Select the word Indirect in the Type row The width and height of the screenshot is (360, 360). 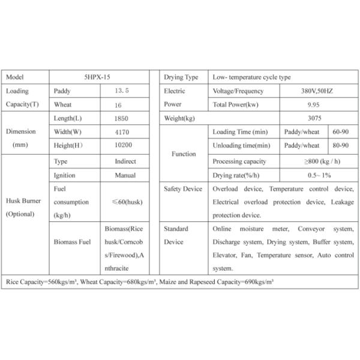click(125, 161)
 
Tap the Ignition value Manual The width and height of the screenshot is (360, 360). click(125, 175)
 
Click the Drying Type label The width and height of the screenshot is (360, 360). click(181, 78)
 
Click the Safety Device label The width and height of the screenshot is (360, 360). click(183, 189)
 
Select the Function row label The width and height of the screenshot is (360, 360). click(184, 154)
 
